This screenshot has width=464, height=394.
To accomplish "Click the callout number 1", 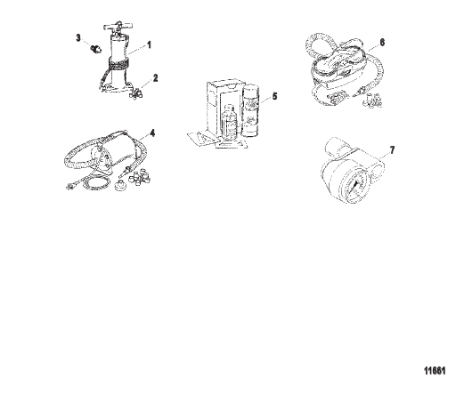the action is (x=150, y=45).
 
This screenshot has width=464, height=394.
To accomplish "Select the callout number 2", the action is (x=155, y=78).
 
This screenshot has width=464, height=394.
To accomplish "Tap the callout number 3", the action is (x=78, y=38).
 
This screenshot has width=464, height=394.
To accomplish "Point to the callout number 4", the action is (x=152, y=133).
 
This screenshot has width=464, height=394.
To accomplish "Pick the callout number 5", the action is (x=274, y=96).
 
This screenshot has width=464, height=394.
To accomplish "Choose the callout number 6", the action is (x=382, y=43).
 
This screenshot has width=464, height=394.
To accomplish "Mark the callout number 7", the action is (x=392, y=150).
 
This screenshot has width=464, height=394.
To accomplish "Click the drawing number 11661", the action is (x=435, y=371).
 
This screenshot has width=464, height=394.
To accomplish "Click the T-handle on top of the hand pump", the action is (x=118, y=27).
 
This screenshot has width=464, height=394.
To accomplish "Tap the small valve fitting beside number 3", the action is (x=95, y=48).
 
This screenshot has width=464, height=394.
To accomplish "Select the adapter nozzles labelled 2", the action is (x=135, y=94).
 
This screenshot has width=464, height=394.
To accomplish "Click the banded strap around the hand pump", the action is (x=118, y=64).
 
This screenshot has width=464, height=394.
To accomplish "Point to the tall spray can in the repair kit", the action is (x=251, y=110).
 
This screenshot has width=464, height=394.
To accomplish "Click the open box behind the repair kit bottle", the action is (x=224, y=109).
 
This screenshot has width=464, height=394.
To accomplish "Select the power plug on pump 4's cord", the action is (x=70, y=186).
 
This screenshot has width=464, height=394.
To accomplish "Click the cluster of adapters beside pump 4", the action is (x=139, y=176).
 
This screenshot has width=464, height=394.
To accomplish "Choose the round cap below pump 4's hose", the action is (x=121, y=186).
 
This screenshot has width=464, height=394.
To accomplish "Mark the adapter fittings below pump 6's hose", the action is (x=372, y=101).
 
